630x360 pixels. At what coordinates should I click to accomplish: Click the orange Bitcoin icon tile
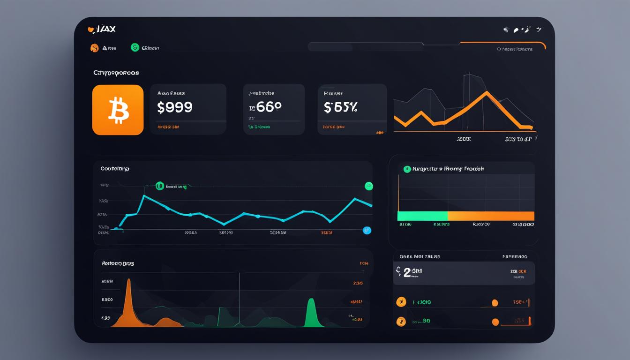(x=118, y=110)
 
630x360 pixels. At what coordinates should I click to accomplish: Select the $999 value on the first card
(x=174, y=107)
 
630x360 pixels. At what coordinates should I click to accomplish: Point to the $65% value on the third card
(x=340, y=107)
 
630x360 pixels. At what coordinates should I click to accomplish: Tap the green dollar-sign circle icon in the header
(x=135, y=47)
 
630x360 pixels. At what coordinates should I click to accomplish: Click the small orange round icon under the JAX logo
(x=94, y=48)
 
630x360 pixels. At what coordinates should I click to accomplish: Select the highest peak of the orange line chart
(x=487, y=92)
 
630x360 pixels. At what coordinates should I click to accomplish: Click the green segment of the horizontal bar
(x=422, y=216)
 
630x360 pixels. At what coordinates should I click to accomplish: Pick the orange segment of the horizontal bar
(x=491, y=216)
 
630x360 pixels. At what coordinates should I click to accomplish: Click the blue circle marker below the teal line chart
(x=367, y=230)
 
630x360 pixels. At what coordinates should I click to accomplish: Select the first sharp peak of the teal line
(x=144, y=196)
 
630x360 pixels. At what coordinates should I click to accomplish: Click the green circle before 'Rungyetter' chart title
(x=407, y=169)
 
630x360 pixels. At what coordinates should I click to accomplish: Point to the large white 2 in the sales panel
(x=407, y=273)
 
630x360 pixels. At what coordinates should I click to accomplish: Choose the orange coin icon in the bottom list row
(x=401, y=322)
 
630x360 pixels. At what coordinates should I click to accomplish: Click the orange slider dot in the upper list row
(x=495, y=303)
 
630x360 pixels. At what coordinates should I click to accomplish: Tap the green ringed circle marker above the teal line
(x=159, y=186)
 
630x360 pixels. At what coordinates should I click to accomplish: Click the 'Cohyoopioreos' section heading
(x=116, y=73)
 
